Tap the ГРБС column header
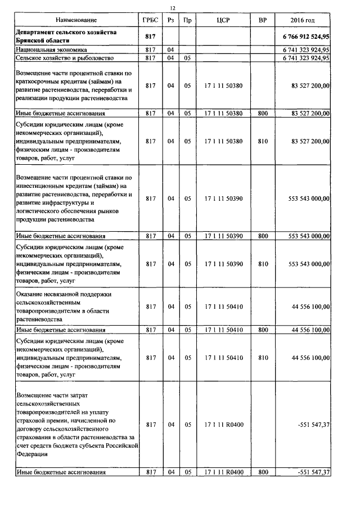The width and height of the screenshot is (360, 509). (150, 20)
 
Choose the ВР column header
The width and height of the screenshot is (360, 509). (263, 20)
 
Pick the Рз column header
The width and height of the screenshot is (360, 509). (171, 20)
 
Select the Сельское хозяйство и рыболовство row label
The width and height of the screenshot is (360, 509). (65, 57)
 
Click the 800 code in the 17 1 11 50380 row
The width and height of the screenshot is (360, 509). (263, 113)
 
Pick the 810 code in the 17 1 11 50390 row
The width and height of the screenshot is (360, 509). (263, 263)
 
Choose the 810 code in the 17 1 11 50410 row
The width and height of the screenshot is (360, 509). (263, 357)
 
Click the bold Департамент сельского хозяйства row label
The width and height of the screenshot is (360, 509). (67, 37)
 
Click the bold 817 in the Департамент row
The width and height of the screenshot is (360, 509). (150, 37)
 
